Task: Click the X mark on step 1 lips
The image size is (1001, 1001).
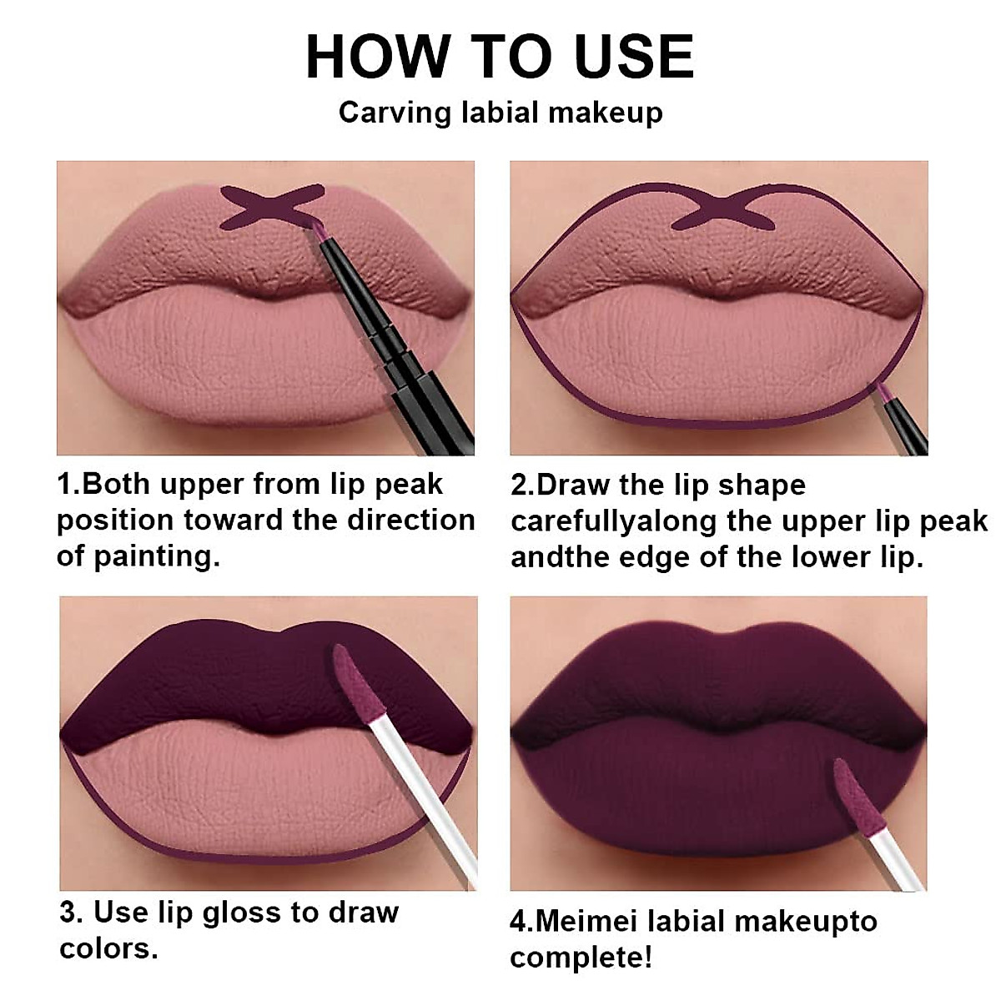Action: [x=271, y=205]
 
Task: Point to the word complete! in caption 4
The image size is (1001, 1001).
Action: [x=581, y=957]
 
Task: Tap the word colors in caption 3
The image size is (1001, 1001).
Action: [x=107, y=948]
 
